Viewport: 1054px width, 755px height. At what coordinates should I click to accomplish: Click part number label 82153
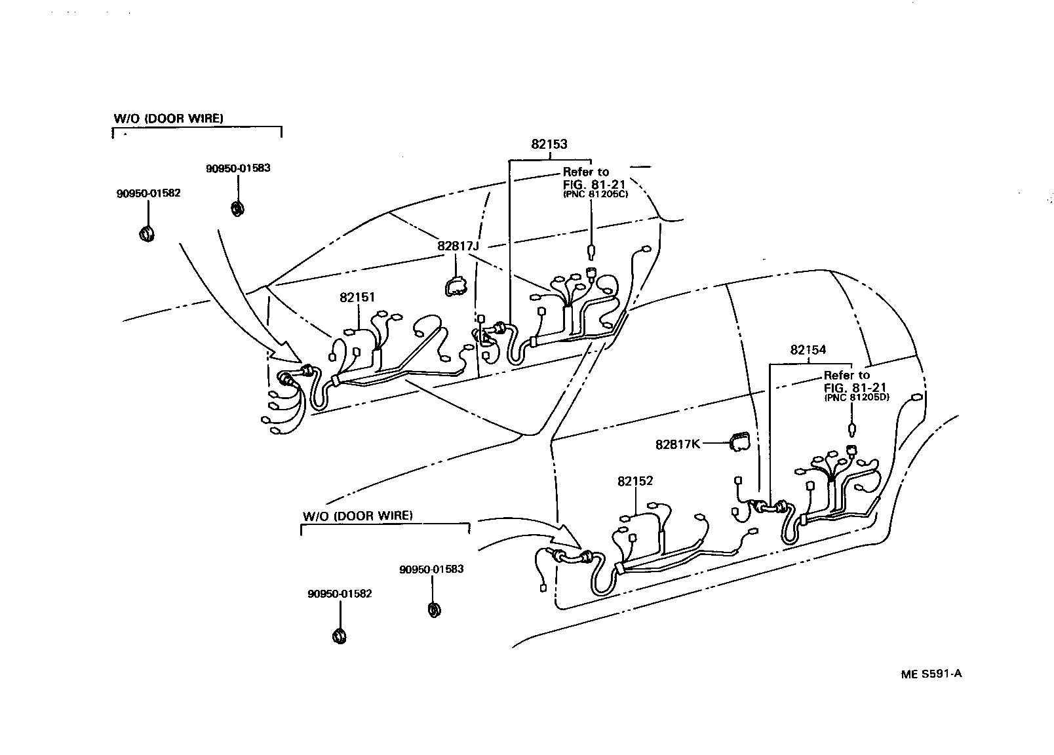pos(549,144)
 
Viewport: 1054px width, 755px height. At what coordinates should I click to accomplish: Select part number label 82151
pos(357,297)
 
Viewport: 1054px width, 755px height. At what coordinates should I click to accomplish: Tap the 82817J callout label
pos(459,246)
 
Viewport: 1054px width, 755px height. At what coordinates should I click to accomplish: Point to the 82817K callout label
pos(678,444)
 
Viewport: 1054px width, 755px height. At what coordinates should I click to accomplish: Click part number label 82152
pos(634,481)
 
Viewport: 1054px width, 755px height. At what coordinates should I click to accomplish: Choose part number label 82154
pos(808,350)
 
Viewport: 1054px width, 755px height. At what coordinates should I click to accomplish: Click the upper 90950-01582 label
pos(148,193)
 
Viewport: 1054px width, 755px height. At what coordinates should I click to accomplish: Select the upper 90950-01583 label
pos(238,168)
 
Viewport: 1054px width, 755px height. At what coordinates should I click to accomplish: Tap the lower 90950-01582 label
pos(340,594)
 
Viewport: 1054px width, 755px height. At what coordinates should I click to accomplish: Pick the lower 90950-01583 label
pos(431,569)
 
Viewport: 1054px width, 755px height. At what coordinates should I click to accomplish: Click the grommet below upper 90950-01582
pos(147,233)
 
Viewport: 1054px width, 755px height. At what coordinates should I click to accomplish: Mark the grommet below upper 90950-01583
pos(238,208)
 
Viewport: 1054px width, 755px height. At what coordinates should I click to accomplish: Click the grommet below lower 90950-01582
pos(340,635)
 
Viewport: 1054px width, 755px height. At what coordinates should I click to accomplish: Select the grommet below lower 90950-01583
pos(433,610)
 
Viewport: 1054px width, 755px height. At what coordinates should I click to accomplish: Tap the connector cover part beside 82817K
pos(739,442)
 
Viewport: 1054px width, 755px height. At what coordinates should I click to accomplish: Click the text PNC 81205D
pos(856,397)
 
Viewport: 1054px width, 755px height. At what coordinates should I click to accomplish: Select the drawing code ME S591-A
pos(931,674)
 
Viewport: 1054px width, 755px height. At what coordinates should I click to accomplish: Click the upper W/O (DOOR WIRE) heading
pos(168,119)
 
